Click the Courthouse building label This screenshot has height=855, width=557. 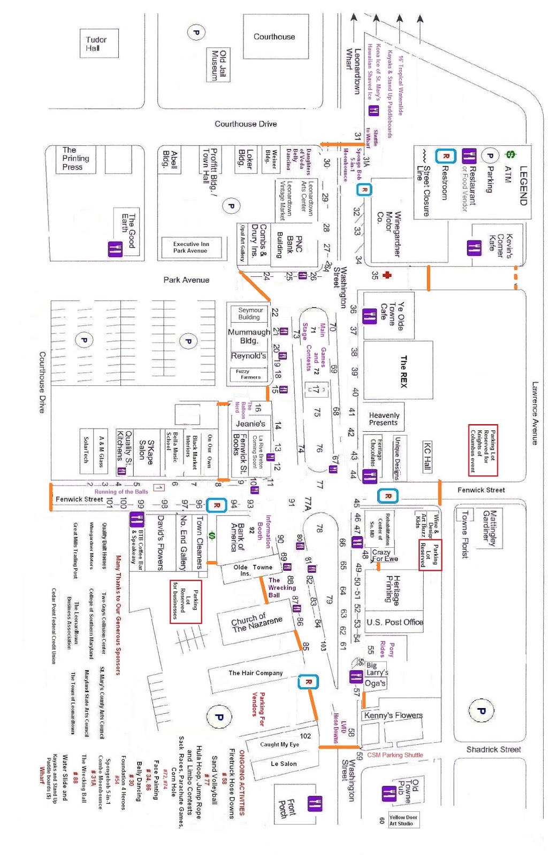pos(274,37)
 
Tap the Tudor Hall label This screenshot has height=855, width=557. pos(96,44)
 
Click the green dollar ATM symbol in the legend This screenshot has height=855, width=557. pos(510,155)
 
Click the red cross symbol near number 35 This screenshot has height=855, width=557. pos(387,275)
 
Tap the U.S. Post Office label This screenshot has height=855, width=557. pos(395,622)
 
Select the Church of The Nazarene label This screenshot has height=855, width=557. pos(256,623)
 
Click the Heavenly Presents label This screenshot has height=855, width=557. pos(384,419)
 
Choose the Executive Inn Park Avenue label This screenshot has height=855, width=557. pos(190,247)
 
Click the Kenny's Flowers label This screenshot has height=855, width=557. pos(393,716)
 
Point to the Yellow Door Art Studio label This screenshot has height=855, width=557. pos(403,820)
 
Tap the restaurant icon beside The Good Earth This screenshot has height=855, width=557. pos(116,249)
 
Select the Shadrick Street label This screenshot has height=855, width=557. pos(493,749)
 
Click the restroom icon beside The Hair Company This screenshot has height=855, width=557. pos(308,682)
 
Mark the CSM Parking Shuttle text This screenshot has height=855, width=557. pos(395,755)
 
